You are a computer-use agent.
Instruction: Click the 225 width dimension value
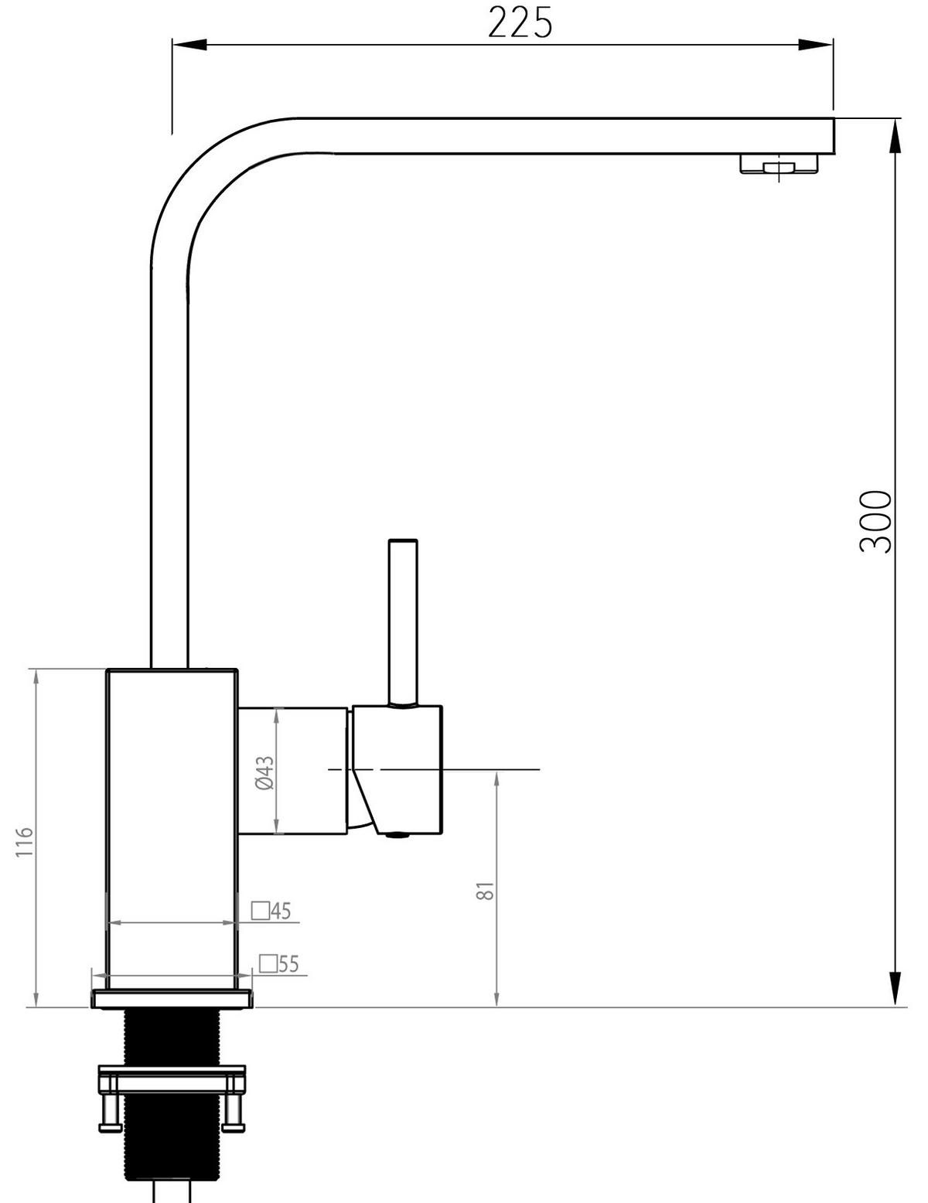point(520,23)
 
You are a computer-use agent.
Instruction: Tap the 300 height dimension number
point(875,522)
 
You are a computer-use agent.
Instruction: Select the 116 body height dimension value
point(25,842)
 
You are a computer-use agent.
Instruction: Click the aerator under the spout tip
point(779,165)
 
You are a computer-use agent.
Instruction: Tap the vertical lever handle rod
point(403,622)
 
